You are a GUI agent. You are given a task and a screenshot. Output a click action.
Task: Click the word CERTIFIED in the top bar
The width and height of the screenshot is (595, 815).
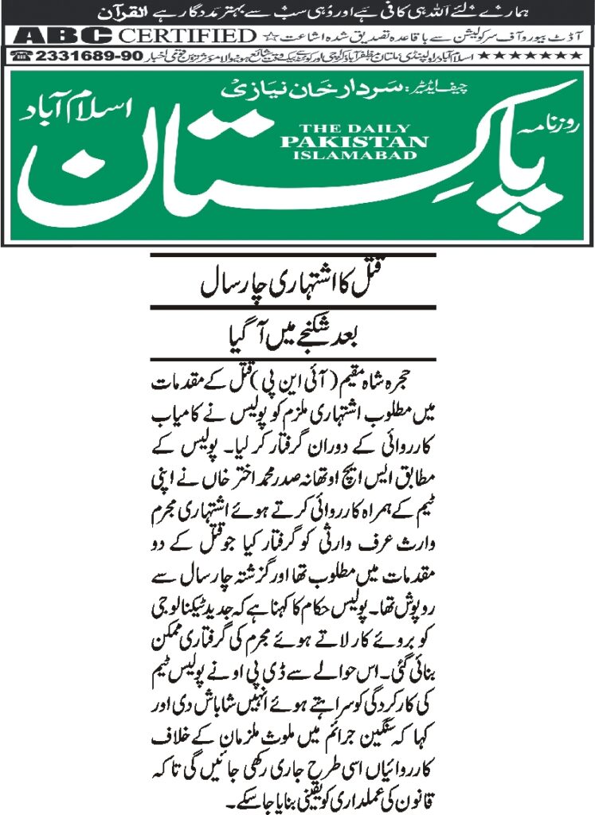pos(186,36)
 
